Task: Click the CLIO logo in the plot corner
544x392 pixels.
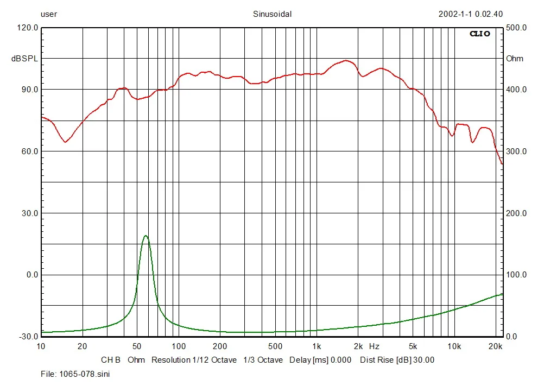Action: click(480, 34)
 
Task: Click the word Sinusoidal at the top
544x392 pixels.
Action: click(272, 15)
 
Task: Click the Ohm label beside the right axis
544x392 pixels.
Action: click(515, 59)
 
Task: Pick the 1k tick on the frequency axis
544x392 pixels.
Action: click(317, 346)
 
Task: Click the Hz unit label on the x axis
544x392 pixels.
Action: click(374, 346)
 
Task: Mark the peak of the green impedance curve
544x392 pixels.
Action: click(146, 236)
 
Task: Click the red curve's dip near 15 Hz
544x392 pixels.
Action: click(66, 142)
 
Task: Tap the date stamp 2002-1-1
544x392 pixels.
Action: click(456, 15)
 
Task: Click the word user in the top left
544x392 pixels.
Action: click(49, 15)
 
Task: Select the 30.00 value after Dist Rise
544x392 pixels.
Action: click(423, 360)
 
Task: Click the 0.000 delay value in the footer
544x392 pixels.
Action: click(340, 360)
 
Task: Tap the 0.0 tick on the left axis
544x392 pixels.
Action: click(31, 275)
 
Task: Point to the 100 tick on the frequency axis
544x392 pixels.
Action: click(179, 346)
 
